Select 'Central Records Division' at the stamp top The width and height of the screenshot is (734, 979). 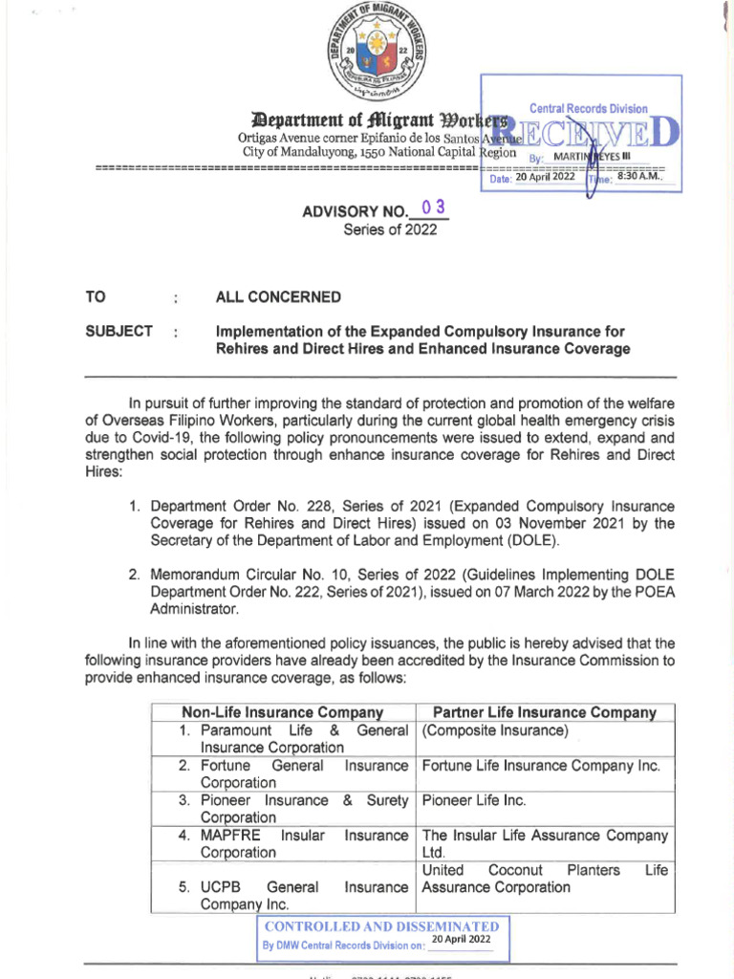(x=588, y=109)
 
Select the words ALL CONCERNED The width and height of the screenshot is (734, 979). (x=278, y=297)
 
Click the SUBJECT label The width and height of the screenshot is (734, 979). (x=119, y=332)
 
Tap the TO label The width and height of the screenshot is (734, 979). (x=96, y=297)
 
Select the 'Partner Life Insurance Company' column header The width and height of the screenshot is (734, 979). (x=545, y=712)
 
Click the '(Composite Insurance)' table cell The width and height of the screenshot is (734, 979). (x=495, y=731)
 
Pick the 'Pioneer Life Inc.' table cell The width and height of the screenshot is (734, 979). (x=474, y=800)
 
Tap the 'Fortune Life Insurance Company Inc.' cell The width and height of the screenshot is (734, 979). (x=541, y=766)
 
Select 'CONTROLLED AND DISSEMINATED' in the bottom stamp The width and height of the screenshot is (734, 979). (x=381, y=926)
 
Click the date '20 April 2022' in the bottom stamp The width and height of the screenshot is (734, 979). (x=461, y=941)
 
